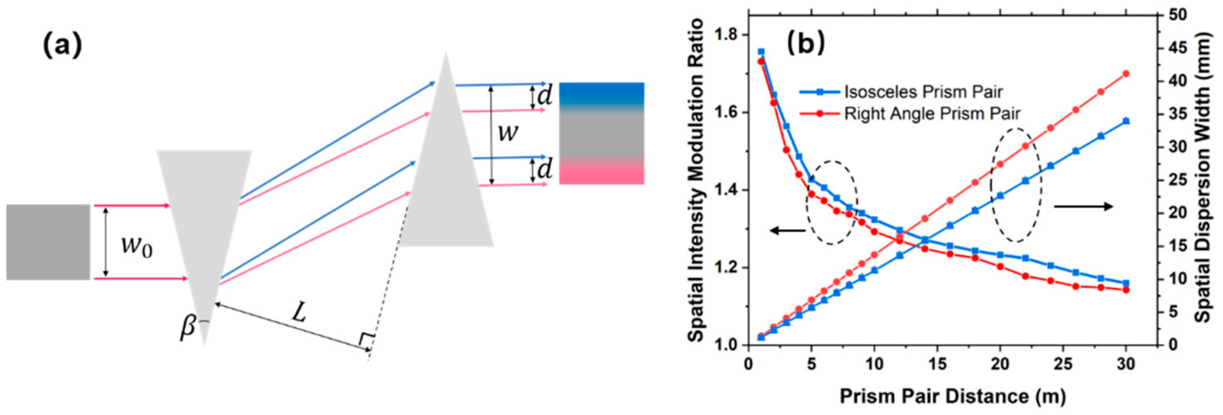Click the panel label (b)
coord(806,44)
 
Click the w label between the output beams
coord(508,134)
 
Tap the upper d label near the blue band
coord(544,97)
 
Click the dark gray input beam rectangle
coord(48,242)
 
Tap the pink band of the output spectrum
coord(601,174)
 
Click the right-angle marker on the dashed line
coord(366,340)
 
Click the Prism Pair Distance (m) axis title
coord(952,396)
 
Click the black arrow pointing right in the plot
coord(1083,206)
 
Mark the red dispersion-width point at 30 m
coord(1126,74)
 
